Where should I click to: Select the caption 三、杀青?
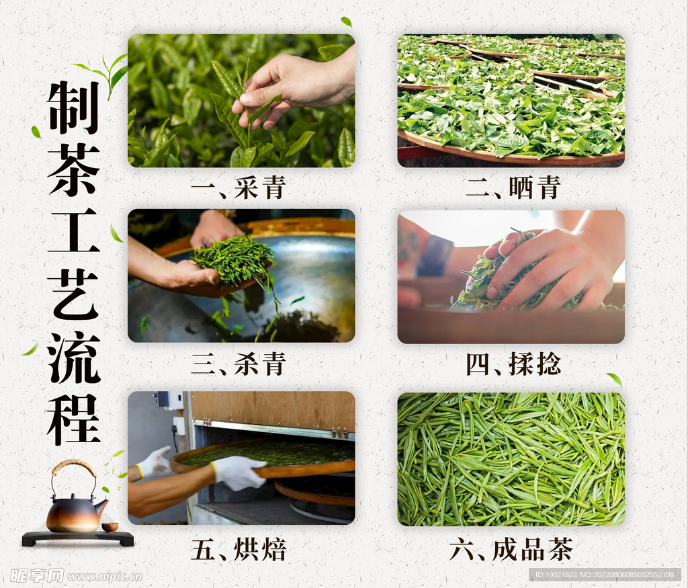239,364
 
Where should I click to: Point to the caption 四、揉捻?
513,364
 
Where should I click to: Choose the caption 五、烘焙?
239,549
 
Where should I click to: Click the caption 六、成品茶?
511,549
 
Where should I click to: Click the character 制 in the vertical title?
73,108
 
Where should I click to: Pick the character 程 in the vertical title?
73,420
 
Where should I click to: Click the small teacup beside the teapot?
110,526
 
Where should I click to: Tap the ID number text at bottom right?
605,575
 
